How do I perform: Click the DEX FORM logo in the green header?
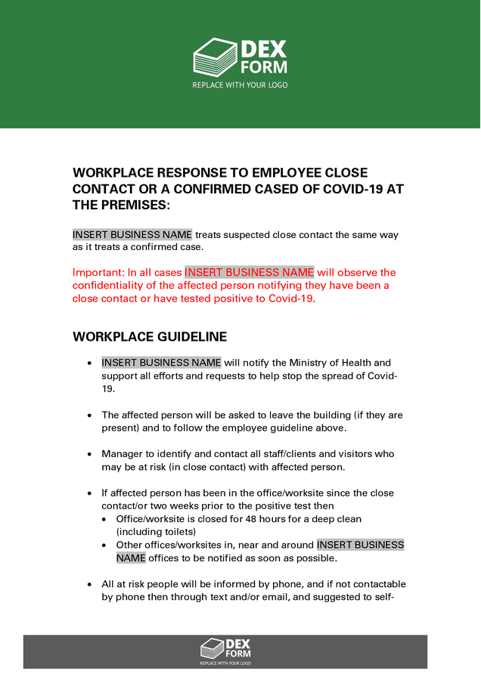click(x=240, y=58)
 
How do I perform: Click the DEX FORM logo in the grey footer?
click(x=225, y=648)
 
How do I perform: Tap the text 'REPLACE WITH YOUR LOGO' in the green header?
click(x=240, y=85)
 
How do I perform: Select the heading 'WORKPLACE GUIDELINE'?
click(x=150, y=337)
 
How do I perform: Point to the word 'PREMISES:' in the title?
click(x=134, y=206)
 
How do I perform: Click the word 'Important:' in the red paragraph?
click(x=98, y=273)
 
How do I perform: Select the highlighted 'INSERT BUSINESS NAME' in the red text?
click(x=249, y=273)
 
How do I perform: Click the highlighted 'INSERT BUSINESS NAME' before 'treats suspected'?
click(x=132, y=235)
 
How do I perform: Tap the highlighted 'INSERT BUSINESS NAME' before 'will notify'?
click(x=161, y=363)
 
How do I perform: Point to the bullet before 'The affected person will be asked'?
click(x=90, y=416)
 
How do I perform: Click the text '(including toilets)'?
click(x=156, y=532)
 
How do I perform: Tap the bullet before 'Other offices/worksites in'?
click(x=105, y=546)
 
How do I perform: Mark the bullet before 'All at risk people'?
click(x=90, y=584)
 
